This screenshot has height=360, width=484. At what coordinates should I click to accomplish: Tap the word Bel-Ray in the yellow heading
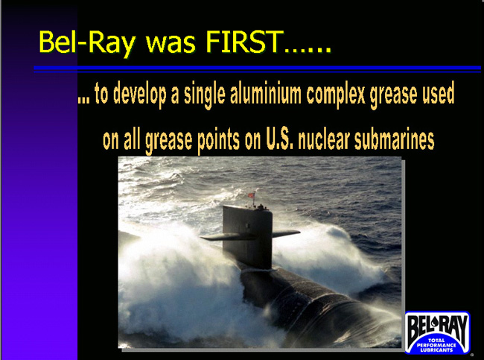click(x=87, y=43)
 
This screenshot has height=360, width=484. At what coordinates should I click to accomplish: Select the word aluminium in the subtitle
click(x=266, y=93)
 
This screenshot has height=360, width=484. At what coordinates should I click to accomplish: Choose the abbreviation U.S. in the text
click(x=279, y=139)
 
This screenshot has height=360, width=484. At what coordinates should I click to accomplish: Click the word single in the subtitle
click(x=205, y=95)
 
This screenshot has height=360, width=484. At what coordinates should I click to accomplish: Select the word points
click(x=218, y=141)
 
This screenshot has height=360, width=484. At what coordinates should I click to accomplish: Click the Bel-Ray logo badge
click(x=437, y=332)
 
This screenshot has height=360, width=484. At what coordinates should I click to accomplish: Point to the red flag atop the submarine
click(x=251, y=195)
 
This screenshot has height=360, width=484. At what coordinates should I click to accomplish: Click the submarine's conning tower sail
click(x=247, y=236)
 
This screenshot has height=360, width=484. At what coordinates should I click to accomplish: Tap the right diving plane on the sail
click(x=286, y=233)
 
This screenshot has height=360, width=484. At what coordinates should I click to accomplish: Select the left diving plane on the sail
click(x=212, y=237)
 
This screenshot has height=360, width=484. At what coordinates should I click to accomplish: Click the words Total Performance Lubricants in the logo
click(x=436, y=345)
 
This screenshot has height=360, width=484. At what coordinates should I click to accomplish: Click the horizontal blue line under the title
click(x=257, y=69)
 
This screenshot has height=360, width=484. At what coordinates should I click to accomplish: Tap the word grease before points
click(x=168, y=141)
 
